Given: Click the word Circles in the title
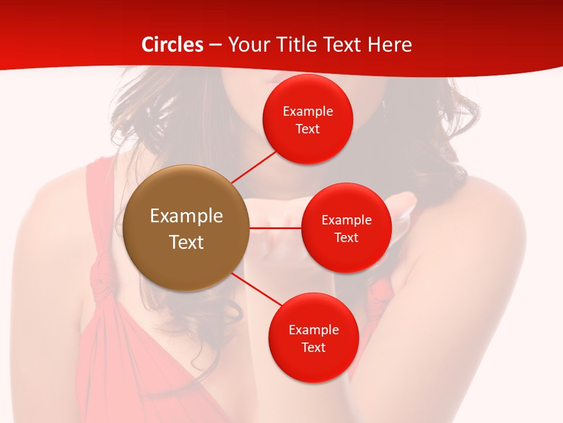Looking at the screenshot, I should click(172, 45).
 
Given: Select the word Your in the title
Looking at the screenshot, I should click(246, 45).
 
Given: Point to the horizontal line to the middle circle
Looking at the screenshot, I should click(276, 227).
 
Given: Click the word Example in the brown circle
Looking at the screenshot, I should click(186, 216).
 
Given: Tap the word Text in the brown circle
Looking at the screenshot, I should click(186, 242).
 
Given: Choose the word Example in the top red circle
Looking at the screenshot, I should click(308, 112).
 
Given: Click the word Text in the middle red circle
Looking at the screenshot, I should click(346, 237).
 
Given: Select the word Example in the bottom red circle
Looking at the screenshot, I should click(314, 330).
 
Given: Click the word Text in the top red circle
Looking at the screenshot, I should click(307, 129).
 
